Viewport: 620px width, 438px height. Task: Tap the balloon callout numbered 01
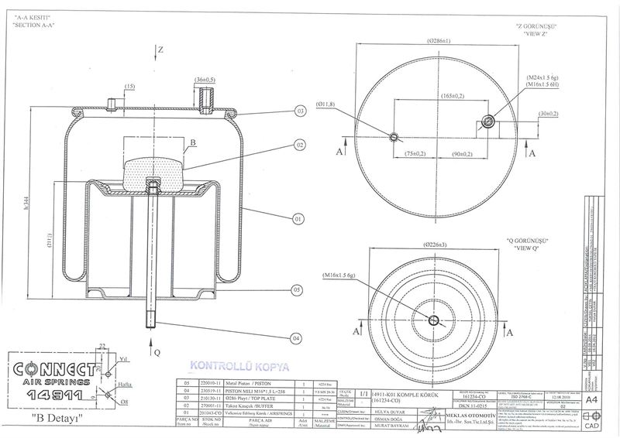click(x=298, y=220)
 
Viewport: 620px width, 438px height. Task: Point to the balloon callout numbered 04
click(x=298, y=338)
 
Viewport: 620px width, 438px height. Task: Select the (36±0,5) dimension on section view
click(x=205, y=80)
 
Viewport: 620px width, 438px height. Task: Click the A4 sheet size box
click(x=592, y=399)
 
